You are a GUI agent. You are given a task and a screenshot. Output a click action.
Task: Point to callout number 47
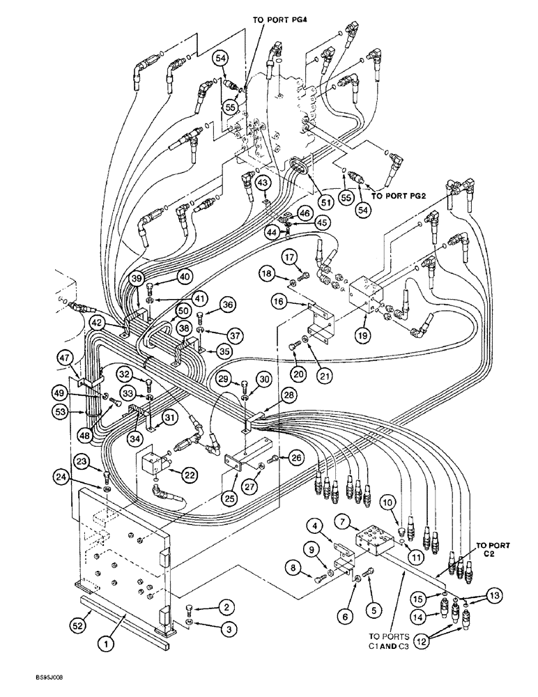[66, 358]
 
